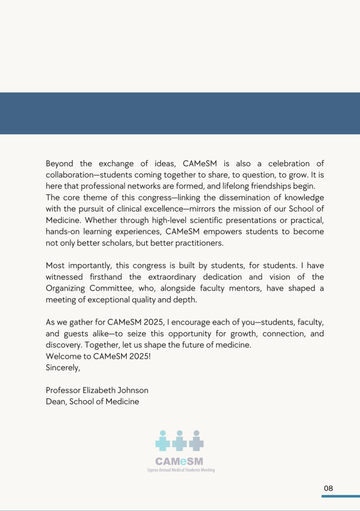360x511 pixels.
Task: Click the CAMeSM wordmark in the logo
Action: [179, 462]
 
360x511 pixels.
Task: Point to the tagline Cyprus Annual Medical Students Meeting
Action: [180, 470]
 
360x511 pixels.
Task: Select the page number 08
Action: [328, 488]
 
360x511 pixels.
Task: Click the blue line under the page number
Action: [341, 496]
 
